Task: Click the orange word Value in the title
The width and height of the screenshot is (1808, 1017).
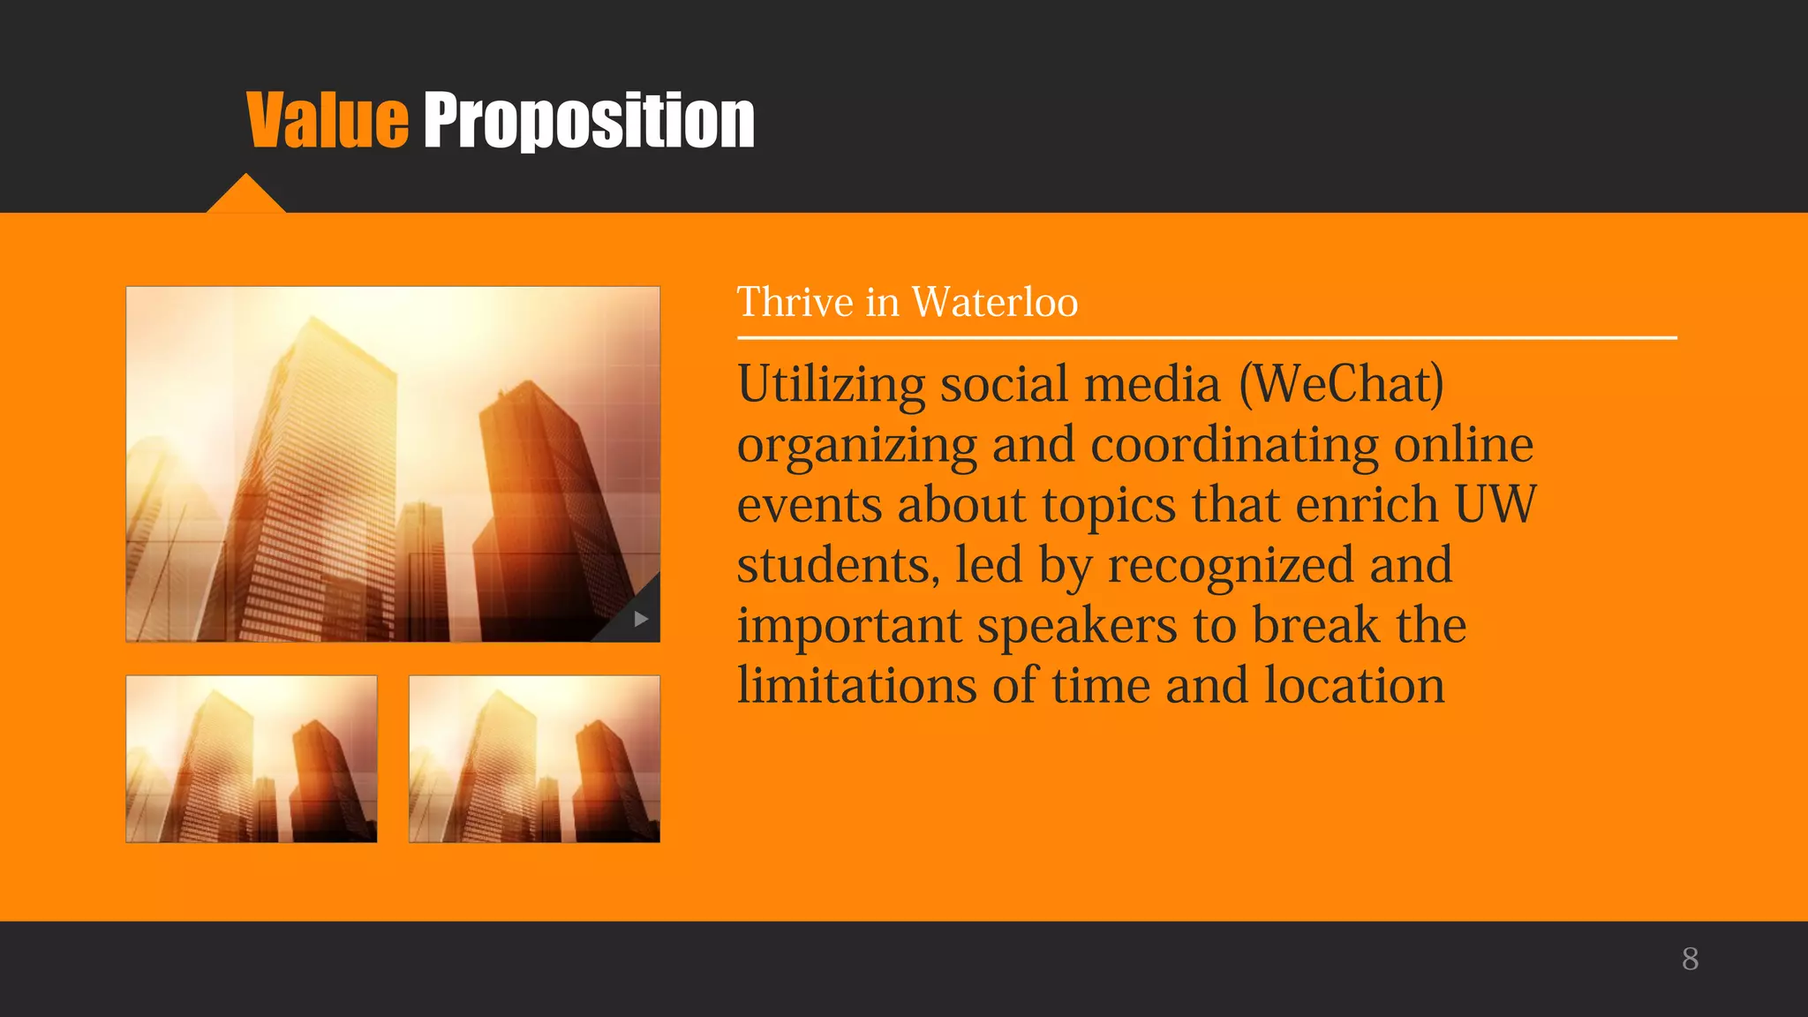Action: click(327, 121)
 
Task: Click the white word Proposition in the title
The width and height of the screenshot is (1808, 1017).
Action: click(589, 121)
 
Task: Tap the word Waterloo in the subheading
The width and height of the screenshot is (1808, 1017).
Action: click(994, 303)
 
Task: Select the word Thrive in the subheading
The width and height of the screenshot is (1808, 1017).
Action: click(795, 303)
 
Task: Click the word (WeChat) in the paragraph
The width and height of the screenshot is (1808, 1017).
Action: click(1341, 385)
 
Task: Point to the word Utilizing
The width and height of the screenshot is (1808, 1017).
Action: click(831, 385)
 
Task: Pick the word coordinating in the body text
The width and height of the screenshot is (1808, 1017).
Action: click(1234, 445)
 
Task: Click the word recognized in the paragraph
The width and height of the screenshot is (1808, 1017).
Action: click(1231, 565)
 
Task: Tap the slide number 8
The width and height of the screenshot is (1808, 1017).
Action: click(1690, 959)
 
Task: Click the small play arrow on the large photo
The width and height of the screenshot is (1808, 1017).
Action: click(641, 620)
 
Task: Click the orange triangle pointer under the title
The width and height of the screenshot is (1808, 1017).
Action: click(245, 196)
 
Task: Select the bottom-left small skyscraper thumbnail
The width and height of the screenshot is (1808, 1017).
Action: click(252, 759)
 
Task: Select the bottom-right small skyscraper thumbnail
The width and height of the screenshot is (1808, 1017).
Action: click(534, 759)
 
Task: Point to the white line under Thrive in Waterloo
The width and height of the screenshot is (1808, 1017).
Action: click(1206, 337)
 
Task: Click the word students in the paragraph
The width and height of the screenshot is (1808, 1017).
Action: click(837, 565)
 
